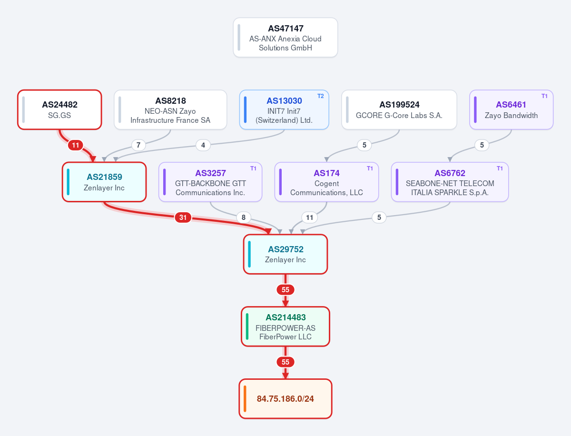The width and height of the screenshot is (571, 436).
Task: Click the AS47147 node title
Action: tap(285, 29)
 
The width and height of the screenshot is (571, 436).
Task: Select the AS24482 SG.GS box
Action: tap(59, 109)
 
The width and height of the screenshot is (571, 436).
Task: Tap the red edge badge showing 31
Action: tap(183, 217)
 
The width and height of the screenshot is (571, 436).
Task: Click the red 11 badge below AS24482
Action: tap(76, 145)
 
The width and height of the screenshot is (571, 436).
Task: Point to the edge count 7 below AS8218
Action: tap(138, 145)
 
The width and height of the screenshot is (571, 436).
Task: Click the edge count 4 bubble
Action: tap(203, 145)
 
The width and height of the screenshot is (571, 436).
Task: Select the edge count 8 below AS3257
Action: tap(244, 217)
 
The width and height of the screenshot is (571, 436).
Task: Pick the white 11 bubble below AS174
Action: tap(310, 217)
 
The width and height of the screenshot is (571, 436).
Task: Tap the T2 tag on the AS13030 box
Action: tap(321, 96)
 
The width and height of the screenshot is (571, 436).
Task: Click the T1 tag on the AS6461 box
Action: tap(544, 96)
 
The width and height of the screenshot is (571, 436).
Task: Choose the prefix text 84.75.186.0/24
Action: tap(285, 398)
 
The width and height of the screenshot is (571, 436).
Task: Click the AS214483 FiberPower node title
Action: tap(285, 317)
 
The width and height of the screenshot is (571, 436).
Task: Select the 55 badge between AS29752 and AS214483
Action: tap(285, 289)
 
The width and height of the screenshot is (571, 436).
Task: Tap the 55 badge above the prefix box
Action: tap(285, 362)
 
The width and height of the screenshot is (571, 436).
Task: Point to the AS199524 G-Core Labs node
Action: tap(399, 109)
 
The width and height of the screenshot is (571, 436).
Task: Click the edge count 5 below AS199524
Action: tap(364, 145)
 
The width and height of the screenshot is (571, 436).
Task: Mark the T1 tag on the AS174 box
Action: tap(370, 168)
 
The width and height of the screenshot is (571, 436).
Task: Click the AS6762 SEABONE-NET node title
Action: tap(450, 173)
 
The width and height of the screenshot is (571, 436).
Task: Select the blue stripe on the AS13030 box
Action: tap(246, 109)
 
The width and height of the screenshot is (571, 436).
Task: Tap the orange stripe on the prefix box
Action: tap(245, 398)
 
